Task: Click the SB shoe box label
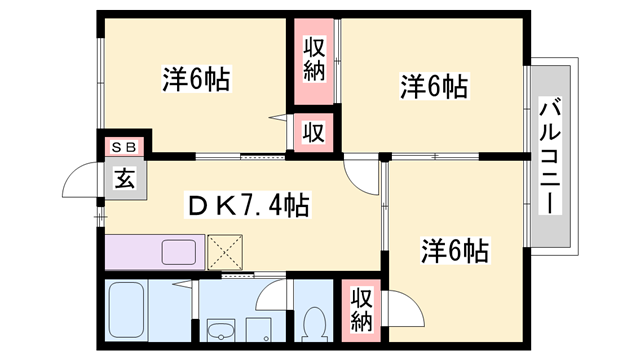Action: (124, 147)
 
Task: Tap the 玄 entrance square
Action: (125, 179)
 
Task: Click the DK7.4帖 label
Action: (247, 205)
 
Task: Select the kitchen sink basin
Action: (178, 252)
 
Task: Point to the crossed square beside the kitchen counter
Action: (225, 252)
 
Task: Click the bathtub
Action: (127, 310)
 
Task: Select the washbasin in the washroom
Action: (221, 330)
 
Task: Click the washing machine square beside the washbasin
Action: (259, 330)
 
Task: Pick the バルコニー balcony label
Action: (550, 156)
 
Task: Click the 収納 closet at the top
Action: (314, 61)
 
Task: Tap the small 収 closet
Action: (314, 133)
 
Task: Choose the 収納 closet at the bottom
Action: (362, 310)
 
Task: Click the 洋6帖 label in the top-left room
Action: (196, 79)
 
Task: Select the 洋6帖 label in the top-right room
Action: (434, 86)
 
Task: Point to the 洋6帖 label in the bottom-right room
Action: (455, 250)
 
